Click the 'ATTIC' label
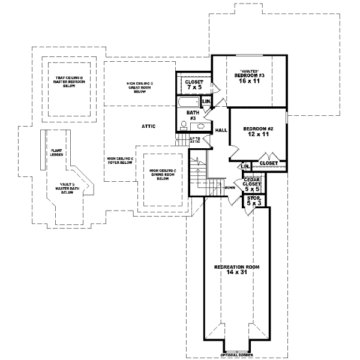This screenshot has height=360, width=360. pos(149,126)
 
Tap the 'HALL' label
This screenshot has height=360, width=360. pos(220,130)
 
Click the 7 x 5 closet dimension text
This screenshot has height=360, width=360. pos(193,88)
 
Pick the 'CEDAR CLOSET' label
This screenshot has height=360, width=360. pos(251,182)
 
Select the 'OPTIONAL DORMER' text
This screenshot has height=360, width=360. pos(236,355)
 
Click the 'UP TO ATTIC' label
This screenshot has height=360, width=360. pos(195,140)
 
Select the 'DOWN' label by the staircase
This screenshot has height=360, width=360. pos(229,187)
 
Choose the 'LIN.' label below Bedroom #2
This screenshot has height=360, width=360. pos(244,166)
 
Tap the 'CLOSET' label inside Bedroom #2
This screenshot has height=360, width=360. pos(268,163)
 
